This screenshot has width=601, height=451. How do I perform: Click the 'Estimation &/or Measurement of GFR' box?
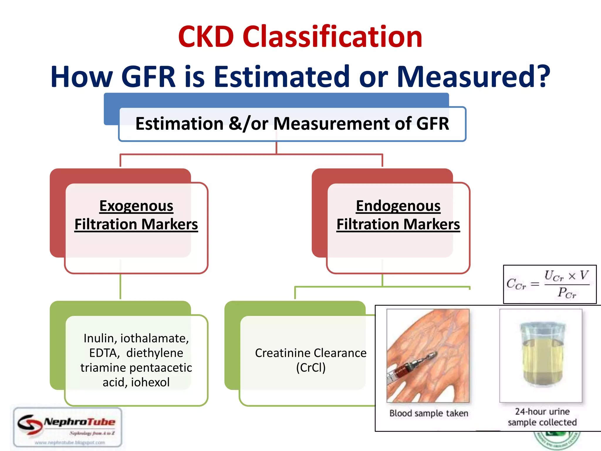[292, 124]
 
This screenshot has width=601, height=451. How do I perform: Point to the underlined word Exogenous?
[136, 206]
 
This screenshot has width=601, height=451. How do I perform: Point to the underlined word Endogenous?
[398, 206]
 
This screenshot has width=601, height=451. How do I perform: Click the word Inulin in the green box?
[99, 338]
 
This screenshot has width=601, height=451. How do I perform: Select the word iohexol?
[150, 382]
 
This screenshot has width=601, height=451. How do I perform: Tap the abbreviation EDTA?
[104, 353]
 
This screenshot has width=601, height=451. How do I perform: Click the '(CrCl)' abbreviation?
[311, 368]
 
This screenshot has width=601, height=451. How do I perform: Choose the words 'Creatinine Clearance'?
[310, 353]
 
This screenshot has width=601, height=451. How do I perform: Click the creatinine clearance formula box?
[550, 284]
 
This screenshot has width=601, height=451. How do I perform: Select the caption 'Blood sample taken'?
[429, 413]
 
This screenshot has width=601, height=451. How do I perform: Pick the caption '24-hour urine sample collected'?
[542, 417]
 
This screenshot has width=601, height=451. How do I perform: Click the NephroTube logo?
[68, 427]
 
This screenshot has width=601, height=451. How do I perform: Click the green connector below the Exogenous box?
[120, 286]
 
